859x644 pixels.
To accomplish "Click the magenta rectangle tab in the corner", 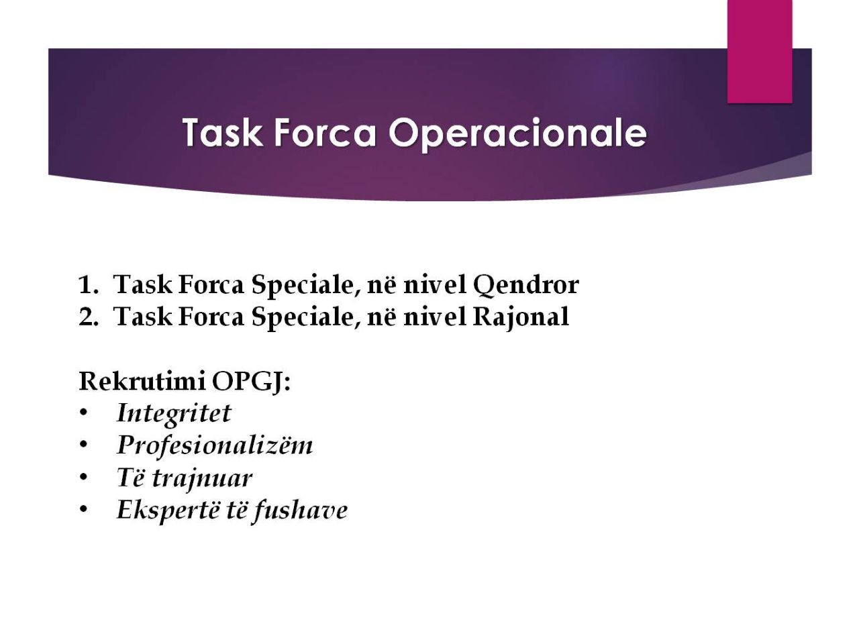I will click(760, 51).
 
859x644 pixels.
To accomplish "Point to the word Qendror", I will click(525, 285).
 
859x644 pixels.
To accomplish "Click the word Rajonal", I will click(521, 317).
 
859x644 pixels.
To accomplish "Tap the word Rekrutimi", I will click(142, 381).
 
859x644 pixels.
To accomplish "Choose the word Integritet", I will click(174, 413).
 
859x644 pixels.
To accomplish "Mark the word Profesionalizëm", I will click(215, 445).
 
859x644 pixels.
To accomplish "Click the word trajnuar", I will click(202, 478).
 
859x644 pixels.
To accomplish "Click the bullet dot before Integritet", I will click(83, 413).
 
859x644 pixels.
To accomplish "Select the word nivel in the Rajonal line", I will click(434, 317).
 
